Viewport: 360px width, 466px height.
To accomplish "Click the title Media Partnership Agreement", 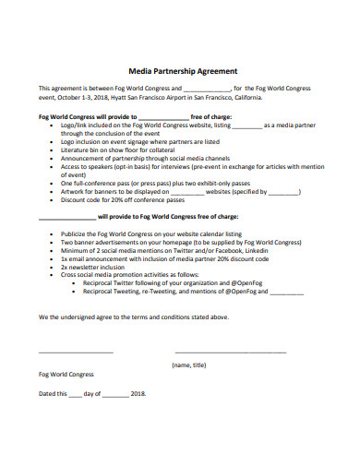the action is (182, 70).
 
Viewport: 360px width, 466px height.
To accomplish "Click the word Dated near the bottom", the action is (47, 394).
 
